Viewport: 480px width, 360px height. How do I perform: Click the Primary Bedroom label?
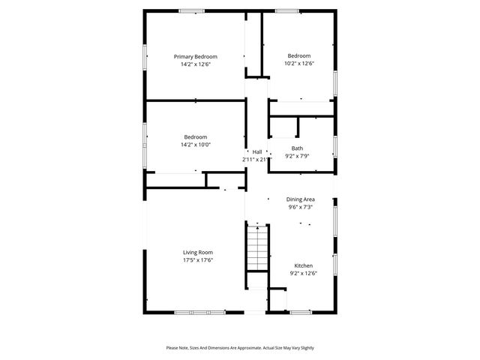[x=195, y=57]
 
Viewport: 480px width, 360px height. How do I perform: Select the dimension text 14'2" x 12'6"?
[x=195, y=64]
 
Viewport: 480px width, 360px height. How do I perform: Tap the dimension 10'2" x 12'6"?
[x=298, y=64]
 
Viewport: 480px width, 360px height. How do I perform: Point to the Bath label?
[x=297, y=148]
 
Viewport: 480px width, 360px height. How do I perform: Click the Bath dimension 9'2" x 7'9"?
[x=297, y=157]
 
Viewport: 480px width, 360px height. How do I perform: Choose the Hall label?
[x=256, y=151]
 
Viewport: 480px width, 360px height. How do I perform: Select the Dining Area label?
[x=300, y=199]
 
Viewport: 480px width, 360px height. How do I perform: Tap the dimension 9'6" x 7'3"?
[x=300, y=207]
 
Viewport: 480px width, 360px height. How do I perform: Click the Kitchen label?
[x=303, y=265]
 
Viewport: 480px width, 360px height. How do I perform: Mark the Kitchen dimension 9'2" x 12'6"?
[x=303, y=274]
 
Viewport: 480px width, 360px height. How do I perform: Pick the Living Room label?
[x=198, y=252]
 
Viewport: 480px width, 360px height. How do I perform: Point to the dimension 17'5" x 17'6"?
[x=198, y=260]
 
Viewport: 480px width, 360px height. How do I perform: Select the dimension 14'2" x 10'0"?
[x=195, y=145]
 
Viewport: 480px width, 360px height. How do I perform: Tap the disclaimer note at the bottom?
[x=240, y=347]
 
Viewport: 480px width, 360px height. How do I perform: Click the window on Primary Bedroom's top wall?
[x=191, y=10]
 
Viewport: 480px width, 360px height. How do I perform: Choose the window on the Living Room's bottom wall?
[x=200, y=312]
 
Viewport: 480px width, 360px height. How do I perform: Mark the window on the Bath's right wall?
[x=335, y=145]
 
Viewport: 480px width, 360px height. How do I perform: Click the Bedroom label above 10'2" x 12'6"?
[x=298, y=55]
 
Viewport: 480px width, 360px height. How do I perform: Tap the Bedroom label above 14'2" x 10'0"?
[x=195, y=136]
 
